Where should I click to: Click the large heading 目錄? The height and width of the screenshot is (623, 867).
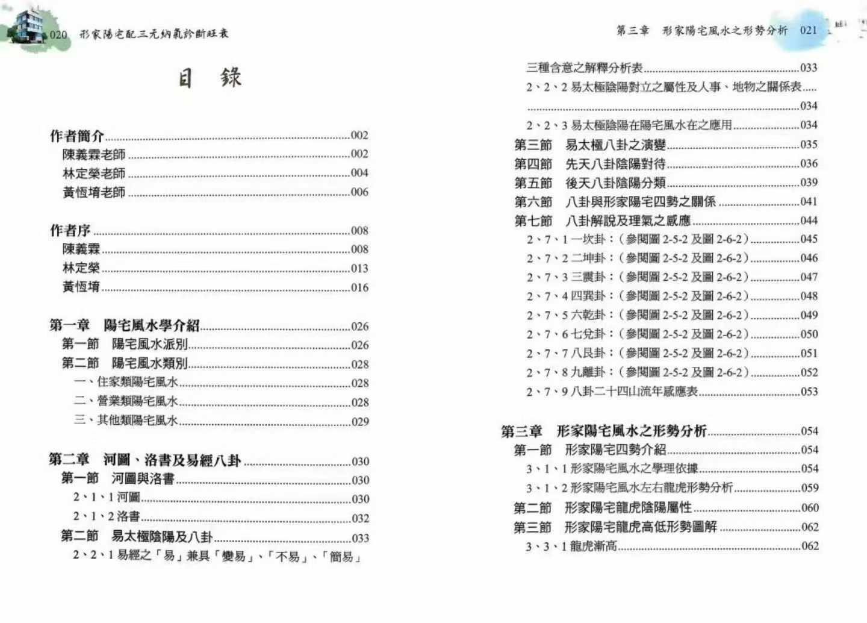[210, 78]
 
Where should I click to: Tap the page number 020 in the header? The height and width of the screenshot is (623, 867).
[58, 34]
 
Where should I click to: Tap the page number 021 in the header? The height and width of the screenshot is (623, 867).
[809, 30]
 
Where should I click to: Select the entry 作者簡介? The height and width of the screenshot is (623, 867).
[77, 136]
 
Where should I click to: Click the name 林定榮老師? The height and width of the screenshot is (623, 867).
[94, 174]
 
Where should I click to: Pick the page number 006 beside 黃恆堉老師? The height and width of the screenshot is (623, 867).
[359, 192]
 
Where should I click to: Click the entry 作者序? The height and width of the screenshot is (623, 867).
[70, 230]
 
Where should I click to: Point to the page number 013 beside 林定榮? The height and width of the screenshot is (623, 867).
[359, 268]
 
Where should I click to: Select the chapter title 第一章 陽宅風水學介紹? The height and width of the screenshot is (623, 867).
[125, 325]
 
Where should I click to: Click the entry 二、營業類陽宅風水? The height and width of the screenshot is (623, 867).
[126, 401]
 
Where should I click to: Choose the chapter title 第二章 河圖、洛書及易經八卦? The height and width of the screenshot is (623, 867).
[145, 460]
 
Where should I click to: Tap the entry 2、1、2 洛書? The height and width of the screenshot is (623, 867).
[107, 516]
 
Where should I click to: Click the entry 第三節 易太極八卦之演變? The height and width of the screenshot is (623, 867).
[590, 145]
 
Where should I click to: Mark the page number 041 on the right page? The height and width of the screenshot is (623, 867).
[809, 201]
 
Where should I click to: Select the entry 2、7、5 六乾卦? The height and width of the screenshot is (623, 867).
[637, 315]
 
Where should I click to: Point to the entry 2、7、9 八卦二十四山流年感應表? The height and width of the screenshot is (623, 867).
[612, 392]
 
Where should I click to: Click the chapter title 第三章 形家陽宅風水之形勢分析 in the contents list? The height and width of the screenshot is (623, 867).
[604, 431]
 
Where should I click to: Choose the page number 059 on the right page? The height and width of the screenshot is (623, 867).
[810, 488]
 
